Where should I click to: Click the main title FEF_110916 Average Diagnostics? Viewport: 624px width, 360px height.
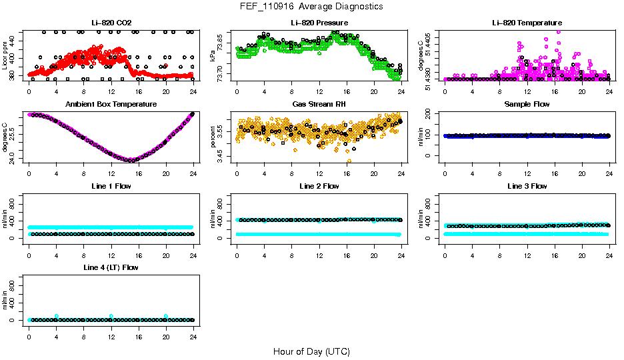click(x=312, y=6)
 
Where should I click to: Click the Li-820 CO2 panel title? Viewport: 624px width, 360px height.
click(x=111, y=23)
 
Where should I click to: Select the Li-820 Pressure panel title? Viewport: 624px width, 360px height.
click(x=319, y=23)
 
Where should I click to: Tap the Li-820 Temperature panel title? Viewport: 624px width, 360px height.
click(x=527, y=23)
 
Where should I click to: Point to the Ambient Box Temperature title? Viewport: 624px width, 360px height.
click(x=111, y=105)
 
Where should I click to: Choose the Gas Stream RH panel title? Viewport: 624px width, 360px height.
click(x=319, y=105)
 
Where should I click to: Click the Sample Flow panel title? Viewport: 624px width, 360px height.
click(x=527, y=105)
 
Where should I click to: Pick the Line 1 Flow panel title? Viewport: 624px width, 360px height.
click(x=111, y=186)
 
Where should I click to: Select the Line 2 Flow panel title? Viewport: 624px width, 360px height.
click(x=319, y=186)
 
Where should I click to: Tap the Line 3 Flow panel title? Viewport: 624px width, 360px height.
click(x=527, y=186)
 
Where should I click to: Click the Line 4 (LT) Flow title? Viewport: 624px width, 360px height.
click(x=111, y=267)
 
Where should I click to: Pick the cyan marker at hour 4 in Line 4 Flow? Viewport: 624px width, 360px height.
click(x=57, y=316)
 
